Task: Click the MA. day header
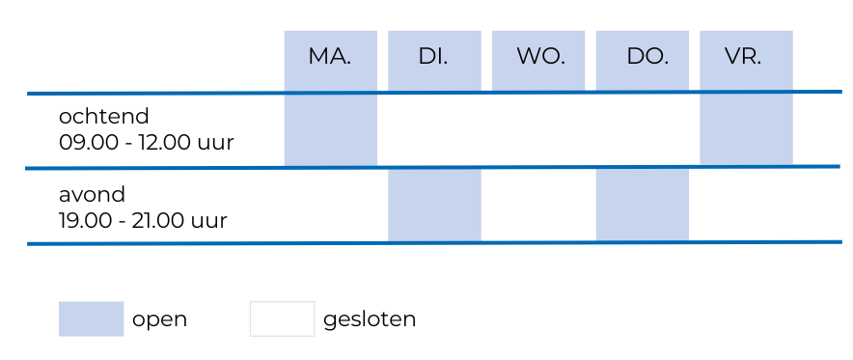pyautogui.click(x=330, y=57)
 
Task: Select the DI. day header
pyautogui.click(x=434, y=57)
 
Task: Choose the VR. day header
pyautogui.click(x=745, y=57)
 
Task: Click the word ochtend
pyautogui.click(x=104, y=117)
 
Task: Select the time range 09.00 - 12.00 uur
pyautogui.click(x=147, y=144)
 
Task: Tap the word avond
pyautogui.click(x=92, y=193)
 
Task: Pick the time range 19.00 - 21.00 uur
pyautogui.click(x=143, y=220)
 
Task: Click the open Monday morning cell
pyautogui.click(x=330, y=130)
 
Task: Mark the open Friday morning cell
pyautogui.click(x=746, y=130)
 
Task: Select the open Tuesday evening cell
pyautogui.click(x=434, y=206)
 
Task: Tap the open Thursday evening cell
pyautogui.click(x=643, y=206)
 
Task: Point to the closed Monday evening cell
pyautogui.click(x=330, y=206)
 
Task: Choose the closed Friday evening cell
pyautogui.click(x=746, y=206)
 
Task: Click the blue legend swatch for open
pyautogui.click(x=91, y=318)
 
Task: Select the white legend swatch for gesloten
pyautogui.click(x=282, y=318)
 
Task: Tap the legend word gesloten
pyautogui.click(x=370, y=319)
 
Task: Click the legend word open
pyautogui.click(x=160, y=319)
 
